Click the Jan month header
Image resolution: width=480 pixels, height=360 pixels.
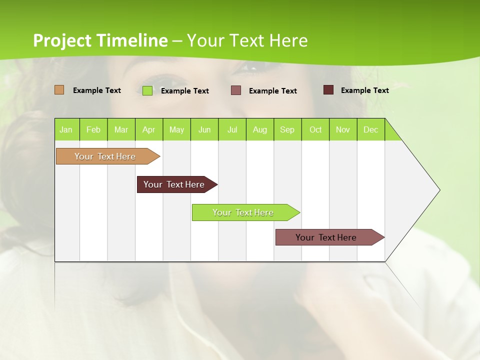tap(66, 129)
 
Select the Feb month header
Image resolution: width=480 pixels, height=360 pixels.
tap(93, 129)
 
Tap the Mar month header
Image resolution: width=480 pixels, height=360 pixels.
tap(121, 129)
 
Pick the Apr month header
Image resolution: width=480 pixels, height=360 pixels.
tap(149, 129)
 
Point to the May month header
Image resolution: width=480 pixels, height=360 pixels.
tap(176, 129)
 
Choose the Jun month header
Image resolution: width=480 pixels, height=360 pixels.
tap(204, 129)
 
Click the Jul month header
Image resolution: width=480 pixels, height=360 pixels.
tap(232, 129)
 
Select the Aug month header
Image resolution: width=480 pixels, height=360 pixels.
tap(260, 129)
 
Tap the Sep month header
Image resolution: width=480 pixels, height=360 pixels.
tap(287, 129)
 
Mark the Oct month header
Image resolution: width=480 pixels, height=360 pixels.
tap(315, 129)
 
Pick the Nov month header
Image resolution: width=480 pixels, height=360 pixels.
tap(343, 129)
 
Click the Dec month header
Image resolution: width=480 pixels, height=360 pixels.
tap(371, 129)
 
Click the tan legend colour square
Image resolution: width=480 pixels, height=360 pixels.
tap(59, 90)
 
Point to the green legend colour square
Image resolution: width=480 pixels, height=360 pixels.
tap(147, 90)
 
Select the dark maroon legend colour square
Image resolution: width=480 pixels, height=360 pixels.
tap(328, 90)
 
